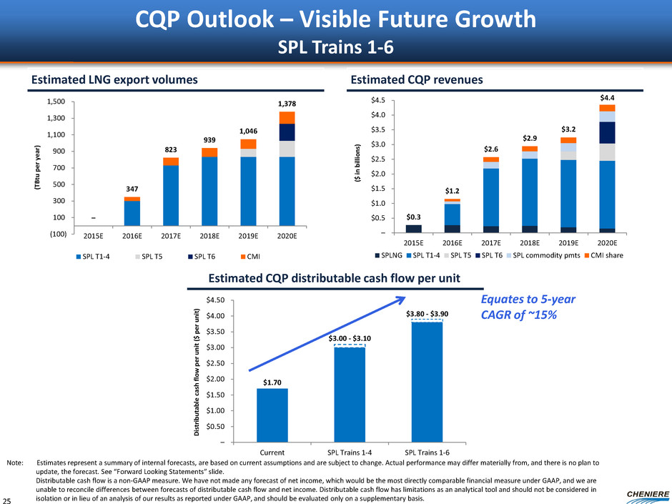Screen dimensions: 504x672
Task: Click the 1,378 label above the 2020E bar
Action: pos(286,104)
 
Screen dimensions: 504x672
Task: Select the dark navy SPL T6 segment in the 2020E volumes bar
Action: pos(287,132)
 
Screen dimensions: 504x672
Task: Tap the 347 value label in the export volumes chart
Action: pos(132,189)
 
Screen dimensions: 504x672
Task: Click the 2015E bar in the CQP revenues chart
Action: pos(413,229)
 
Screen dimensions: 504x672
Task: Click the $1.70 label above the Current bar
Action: pos(272,382)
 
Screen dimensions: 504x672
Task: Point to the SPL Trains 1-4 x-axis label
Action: pos(350,452)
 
